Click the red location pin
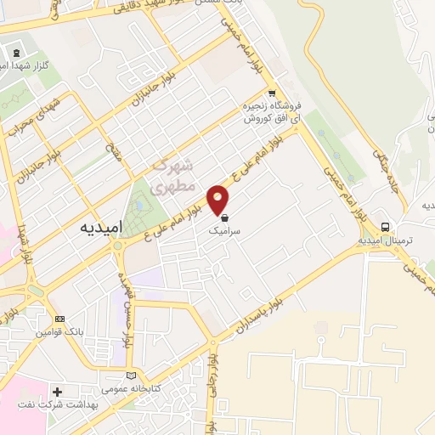click(218, 199)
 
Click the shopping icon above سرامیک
click(224, 217)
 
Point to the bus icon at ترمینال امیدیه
click(386, 227)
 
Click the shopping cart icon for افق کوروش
click(271, 94)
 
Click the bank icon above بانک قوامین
click(58, 319)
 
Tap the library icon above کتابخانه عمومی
click(130, 376)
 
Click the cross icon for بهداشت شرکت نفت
click(57, 392)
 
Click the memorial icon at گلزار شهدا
click(17, 53)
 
